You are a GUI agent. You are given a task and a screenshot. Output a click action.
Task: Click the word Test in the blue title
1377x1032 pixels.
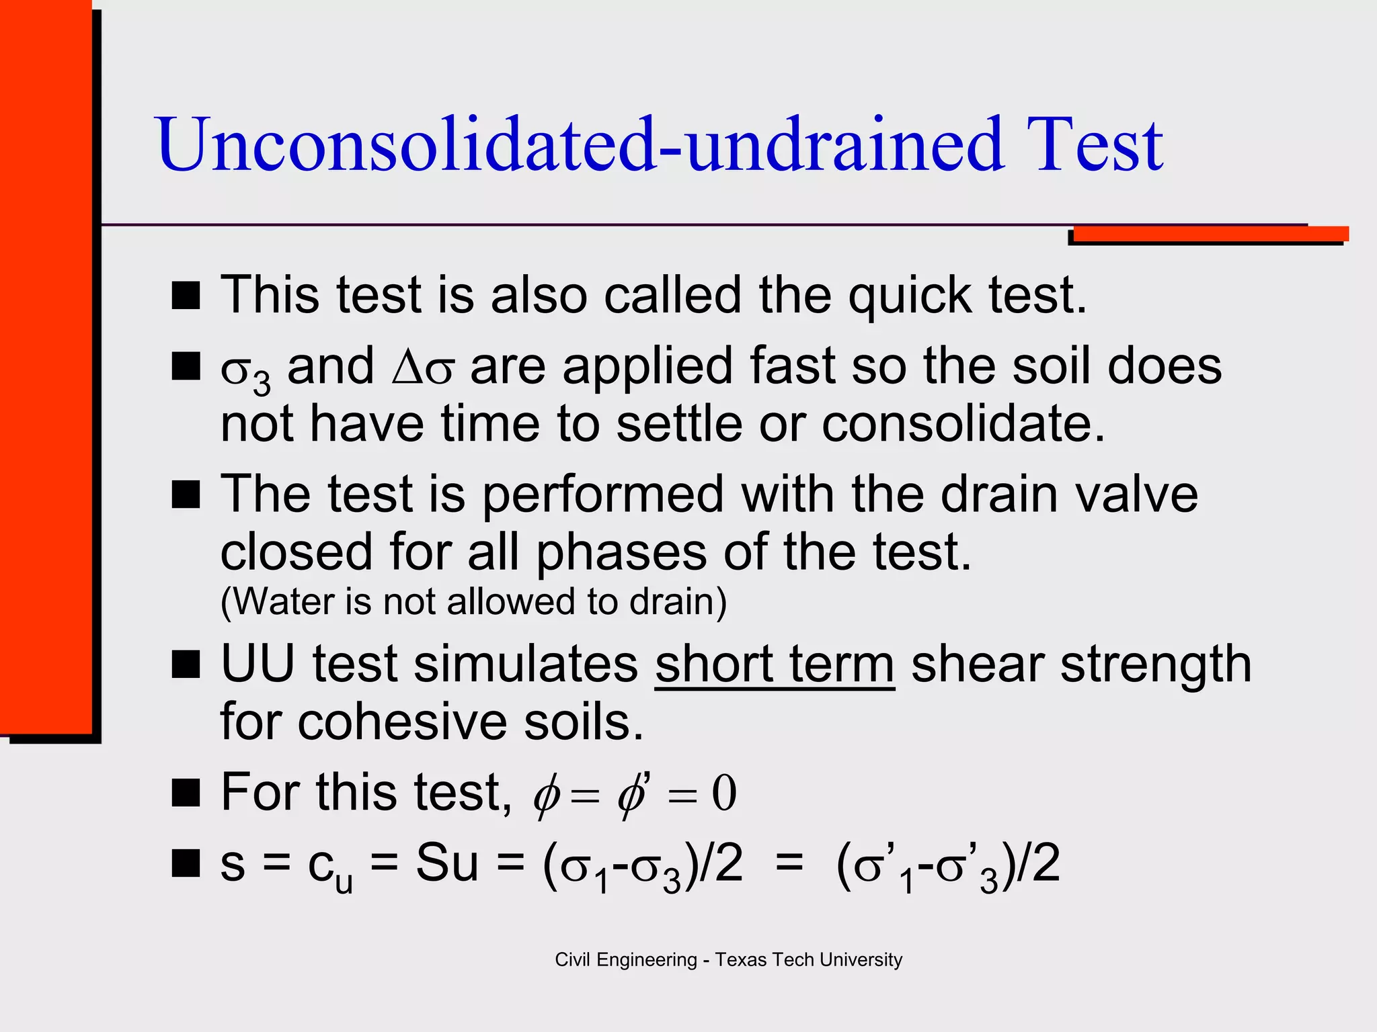pos(1094,144)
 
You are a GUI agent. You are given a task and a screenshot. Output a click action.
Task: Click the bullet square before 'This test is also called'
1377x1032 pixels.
pos(186,296)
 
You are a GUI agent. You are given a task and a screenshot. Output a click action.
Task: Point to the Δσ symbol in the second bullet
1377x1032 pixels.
pos(423,368)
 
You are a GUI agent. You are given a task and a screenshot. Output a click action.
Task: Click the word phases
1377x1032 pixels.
pos(621,553)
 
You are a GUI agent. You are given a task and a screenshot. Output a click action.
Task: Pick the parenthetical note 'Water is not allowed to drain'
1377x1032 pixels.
pos(473,601)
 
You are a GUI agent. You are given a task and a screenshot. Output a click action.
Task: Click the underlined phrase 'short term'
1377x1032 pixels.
pos(775,664)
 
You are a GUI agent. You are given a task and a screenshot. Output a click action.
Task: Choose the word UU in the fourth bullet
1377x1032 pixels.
pos(258,664)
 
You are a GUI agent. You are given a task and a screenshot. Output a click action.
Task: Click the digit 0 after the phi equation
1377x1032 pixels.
pos(724,793)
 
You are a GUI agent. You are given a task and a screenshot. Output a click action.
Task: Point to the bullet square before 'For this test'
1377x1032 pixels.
pos(186,793)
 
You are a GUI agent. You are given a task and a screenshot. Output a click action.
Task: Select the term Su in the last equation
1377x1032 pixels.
pos(446,863)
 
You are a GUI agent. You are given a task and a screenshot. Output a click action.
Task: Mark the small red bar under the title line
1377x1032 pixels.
pos(1210,234)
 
